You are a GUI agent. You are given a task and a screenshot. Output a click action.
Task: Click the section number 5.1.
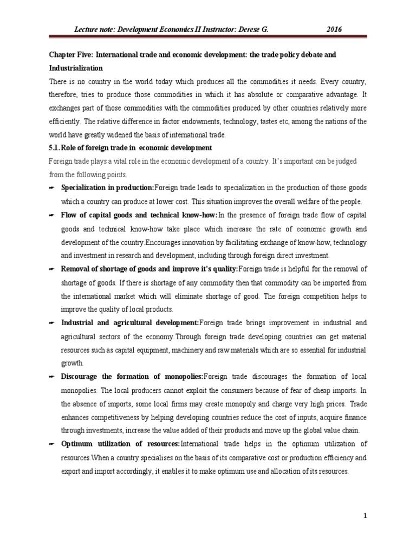[x=57, y=147]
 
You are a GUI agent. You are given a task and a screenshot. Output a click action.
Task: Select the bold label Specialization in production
[x=107, y=188]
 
